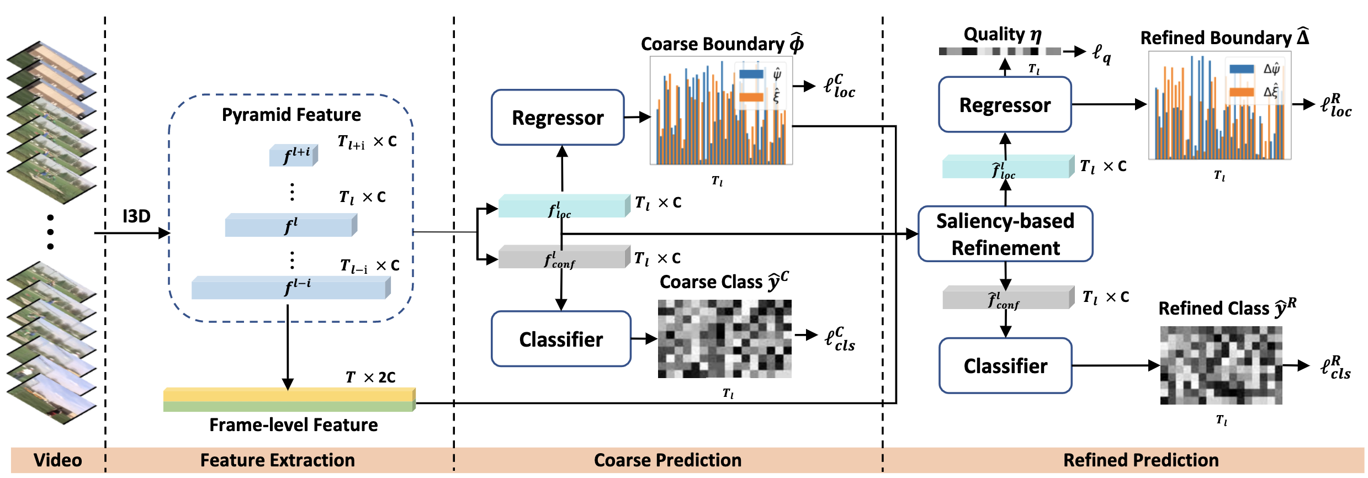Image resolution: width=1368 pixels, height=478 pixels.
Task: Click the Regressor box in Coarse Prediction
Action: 558,118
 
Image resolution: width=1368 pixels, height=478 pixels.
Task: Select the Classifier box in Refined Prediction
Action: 1005,365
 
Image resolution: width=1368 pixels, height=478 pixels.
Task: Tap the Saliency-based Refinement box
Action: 1005,234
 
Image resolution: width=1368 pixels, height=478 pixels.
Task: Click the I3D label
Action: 136,216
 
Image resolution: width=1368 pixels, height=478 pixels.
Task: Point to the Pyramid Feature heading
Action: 291,115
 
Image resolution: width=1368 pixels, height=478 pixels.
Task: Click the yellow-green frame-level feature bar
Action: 289,400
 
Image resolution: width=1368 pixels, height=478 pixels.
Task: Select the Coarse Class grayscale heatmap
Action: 724,338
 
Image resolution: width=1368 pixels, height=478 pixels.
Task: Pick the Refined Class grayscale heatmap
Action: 1221,365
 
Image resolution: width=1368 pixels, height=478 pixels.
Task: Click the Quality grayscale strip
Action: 999,51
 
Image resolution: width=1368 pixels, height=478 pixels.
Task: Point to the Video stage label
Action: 57,460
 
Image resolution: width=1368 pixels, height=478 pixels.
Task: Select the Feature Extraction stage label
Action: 277,460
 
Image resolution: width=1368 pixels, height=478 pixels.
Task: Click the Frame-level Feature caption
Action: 293,424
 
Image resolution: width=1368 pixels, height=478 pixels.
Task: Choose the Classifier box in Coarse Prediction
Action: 561,339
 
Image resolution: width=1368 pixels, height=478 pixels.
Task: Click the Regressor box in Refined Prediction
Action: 1005,105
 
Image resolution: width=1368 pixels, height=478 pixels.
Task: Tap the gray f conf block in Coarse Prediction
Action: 562,258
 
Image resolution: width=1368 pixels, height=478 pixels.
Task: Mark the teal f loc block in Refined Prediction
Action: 1006,167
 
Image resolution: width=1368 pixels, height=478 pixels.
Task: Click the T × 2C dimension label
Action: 370,377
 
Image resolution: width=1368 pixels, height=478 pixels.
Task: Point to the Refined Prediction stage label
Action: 1141,460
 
